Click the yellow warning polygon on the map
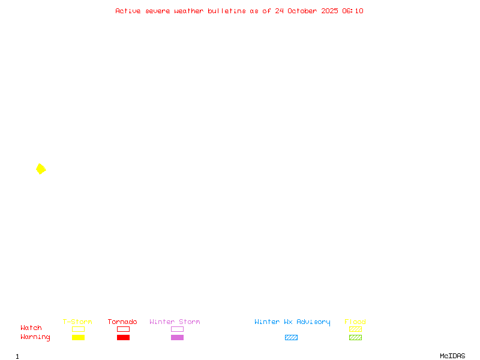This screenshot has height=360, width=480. (x=41, y=169)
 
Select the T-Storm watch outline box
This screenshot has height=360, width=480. (x=78, y=329)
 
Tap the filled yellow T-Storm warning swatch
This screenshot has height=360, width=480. (x=78, y=337)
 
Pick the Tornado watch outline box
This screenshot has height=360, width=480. (x=123, y=329)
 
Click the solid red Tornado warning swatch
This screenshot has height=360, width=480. (x=123, y=337)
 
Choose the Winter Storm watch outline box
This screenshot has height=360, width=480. (x=177, y=329)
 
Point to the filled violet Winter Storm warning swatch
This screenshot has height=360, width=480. (x=177, y=337)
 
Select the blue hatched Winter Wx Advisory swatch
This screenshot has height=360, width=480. (x=291, y=337)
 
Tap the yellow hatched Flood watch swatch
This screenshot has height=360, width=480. (x=355, y=329)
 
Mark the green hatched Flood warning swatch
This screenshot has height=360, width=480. (x=355, y=337)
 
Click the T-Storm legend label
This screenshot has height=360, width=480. (x=77, y=322)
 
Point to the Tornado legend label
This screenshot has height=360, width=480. (x=122, y=322)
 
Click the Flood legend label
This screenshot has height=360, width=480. (x=355, y=322)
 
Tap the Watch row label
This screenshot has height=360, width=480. (x=31, y=328)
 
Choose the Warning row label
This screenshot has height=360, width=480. (x=35, y=337)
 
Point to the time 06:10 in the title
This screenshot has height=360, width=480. (x=353, y=11)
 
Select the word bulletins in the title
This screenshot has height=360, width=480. (x=227, y=11)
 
